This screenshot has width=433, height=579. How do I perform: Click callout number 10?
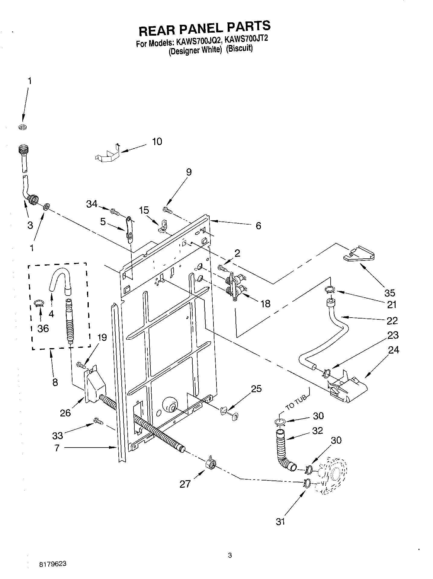[157, 141]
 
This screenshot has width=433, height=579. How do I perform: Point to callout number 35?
[390, 293]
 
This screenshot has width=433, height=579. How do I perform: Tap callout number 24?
[394, 350]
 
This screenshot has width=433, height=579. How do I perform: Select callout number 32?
[317, 430]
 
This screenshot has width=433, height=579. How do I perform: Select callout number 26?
[65, 412]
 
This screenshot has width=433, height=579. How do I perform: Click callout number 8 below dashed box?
[55, 382]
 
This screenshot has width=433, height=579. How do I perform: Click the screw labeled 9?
[167, 209]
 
